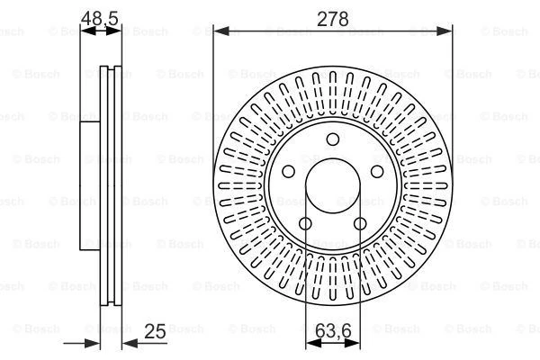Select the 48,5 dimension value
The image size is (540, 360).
coord(100,17)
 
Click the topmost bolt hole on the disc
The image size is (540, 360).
coord(332,138)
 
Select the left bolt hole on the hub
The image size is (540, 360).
coord(288,171)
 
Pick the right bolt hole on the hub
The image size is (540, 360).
coord(377,171)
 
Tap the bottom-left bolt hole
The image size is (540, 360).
coord(305,223)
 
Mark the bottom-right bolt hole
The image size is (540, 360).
coord(360,223)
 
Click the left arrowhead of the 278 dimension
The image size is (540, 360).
coord(219,31)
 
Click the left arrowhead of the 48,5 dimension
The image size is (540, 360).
coord(85,31)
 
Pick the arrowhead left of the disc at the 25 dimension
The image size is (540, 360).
coord(92,342)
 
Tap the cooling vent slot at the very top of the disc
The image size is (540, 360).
coord(332,84)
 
